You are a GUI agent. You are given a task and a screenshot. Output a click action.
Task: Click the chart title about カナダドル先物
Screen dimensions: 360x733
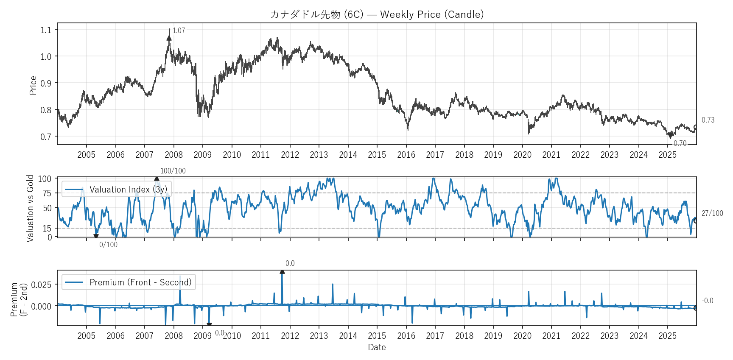(x=377, y=14)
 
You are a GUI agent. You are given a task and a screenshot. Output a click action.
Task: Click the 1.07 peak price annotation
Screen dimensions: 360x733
(x=179, y=31)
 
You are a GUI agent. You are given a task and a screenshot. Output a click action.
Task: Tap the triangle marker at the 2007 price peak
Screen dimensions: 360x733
(x=169, y=38)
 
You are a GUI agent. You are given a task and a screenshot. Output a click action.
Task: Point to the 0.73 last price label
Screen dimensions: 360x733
(x=708, y=120)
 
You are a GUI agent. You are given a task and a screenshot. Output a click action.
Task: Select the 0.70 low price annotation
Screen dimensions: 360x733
(x=680, y=143)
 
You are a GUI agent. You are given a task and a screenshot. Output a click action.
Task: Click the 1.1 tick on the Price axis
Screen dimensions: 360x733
(x=46, y=30)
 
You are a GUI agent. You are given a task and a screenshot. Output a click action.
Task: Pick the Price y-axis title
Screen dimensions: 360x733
(x=33, y=85)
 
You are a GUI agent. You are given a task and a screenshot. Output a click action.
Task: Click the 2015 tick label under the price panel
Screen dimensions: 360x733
(x=377, y=155)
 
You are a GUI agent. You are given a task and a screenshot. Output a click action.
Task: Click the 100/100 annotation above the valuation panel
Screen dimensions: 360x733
(x=173, y=171)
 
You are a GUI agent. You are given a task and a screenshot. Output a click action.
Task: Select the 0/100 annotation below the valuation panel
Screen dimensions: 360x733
(x=108, y=245)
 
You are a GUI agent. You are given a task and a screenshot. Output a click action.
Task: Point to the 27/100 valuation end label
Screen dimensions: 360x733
(x=712, y=213)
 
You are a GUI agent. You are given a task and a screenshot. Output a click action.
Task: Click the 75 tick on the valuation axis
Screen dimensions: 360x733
(x=47, y=193)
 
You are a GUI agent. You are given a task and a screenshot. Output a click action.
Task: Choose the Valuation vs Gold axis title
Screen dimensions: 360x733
(x=30, y=208)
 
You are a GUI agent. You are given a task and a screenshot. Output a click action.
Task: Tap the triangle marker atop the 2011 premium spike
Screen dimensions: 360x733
(x=282, y=271)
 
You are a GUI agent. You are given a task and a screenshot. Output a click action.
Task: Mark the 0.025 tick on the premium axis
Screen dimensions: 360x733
(x=42, y=285)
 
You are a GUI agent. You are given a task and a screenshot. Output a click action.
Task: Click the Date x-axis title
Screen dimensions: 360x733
(x=377, y=347)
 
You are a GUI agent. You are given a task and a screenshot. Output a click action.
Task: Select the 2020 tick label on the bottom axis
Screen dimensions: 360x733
(x=522, y=336)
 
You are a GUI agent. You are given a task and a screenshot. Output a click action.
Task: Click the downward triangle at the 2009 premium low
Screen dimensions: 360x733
(x=209, y=325)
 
